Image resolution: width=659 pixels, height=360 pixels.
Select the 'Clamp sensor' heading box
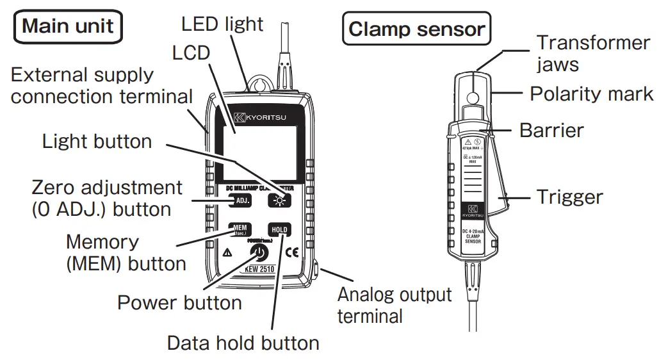416,29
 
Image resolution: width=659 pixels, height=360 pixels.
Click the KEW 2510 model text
259,269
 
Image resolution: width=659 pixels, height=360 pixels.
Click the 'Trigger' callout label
569,196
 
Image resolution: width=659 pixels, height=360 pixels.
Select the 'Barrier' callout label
551,130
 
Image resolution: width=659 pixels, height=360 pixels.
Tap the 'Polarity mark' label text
591,94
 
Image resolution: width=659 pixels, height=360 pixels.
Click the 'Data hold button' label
243,343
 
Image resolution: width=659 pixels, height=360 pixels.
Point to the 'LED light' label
222,24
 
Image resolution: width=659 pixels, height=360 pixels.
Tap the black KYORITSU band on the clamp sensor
472,211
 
